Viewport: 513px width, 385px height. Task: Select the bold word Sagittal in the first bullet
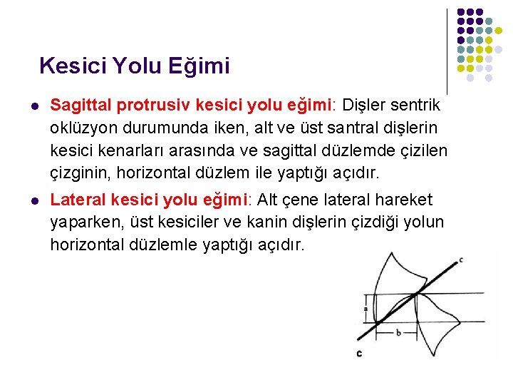point(80,106)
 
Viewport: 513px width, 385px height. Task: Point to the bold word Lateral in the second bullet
point(77,200)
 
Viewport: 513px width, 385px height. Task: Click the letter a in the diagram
point(366,309)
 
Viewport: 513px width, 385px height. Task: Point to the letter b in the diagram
point(398,333)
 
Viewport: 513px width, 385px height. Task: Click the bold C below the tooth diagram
point(359,353)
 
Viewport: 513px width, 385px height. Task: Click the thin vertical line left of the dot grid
point(447,50)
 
